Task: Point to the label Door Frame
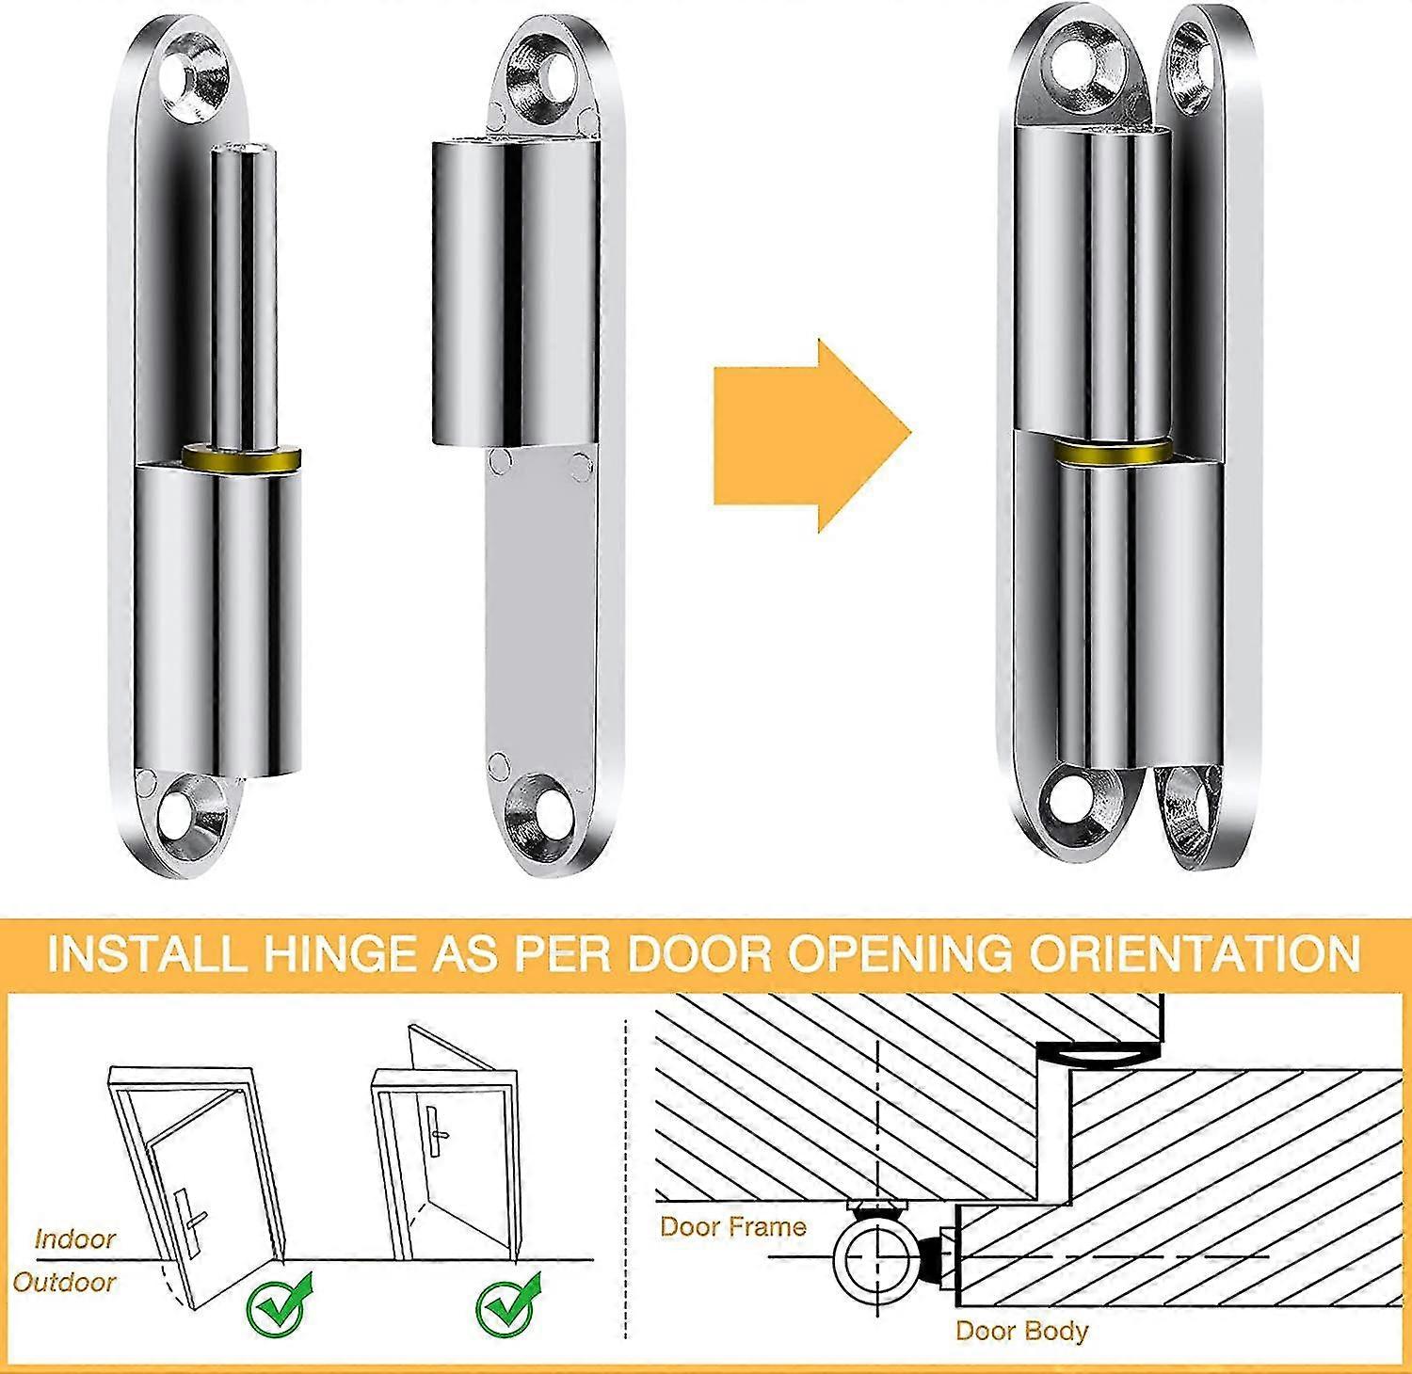click(x=733, y=1226)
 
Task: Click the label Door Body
click(x=1021, y=1330)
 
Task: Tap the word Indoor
click(x=75, y=1238)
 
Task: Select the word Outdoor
click(x=65, y=1282)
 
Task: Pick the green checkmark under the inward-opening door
click(x=509, y=1303)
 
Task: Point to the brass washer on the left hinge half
click(x=242, y=460)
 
